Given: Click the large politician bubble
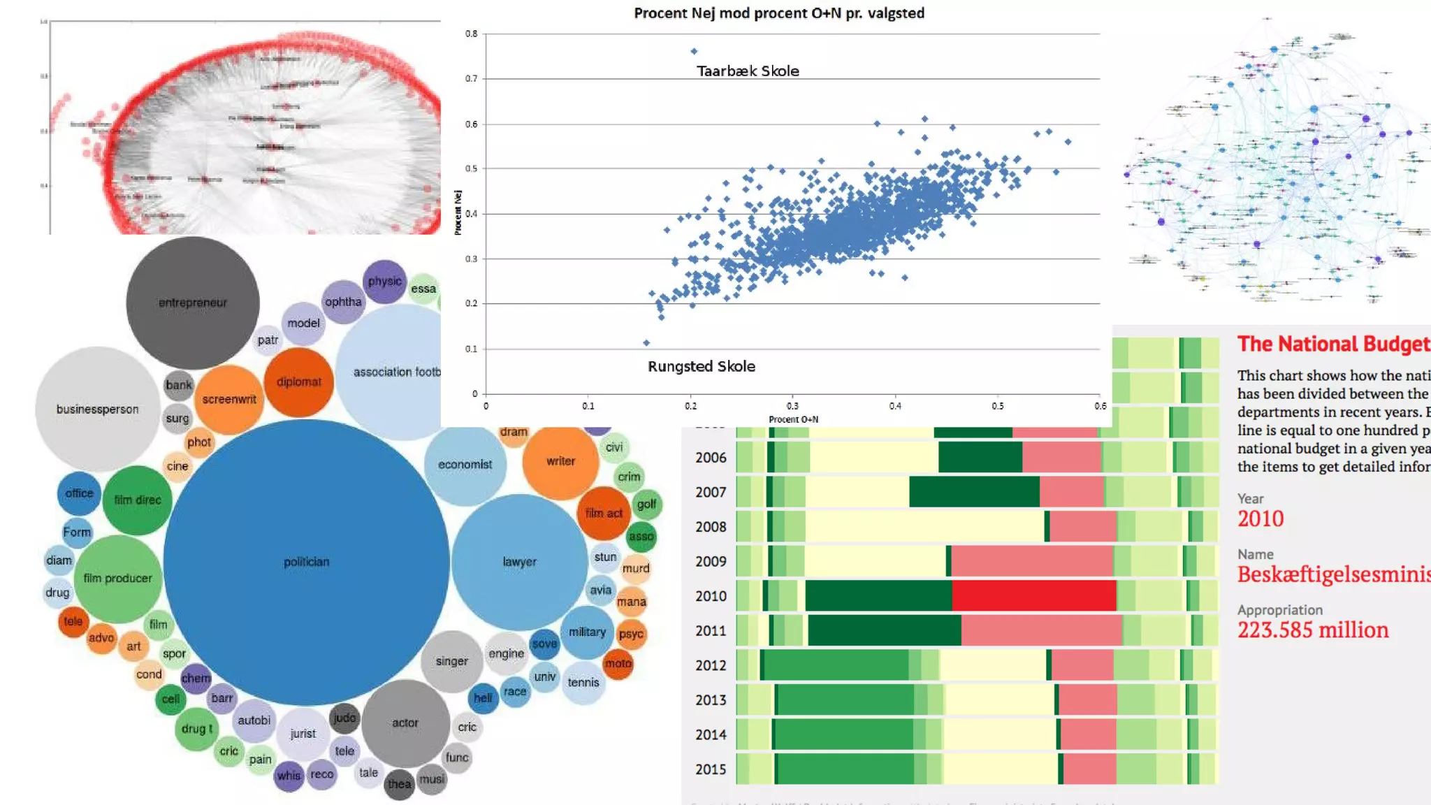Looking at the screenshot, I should click(306, 562).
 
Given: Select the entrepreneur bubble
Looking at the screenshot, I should click(192, 303).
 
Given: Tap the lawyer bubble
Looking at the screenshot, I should click(519, 562).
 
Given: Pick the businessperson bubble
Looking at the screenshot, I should click(97, 409).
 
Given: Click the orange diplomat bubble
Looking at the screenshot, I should click(298, 382).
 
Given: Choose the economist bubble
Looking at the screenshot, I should click(465, 464).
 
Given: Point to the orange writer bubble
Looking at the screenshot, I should click(560, 460).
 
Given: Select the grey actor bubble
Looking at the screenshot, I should click(405, 723).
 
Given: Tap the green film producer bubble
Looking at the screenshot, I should click(117, 578).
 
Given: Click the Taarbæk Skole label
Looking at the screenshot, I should click(748, 71).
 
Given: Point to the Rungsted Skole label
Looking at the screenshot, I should click(701, 366).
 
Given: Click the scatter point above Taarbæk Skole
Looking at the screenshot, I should click(694, 51).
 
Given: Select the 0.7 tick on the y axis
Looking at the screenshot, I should click(472, 78).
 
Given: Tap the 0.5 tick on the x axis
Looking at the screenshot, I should click(997, 406).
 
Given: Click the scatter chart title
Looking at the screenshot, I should click(778, 13).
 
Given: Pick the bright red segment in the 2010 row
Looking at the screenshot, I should click(1033, 596).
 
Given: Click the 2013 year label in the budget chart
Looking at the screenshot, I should click(711, 699).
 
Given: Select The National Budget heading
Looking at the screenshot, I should click(1333, 344).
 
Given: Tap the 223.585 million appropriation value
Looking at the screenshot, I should click(1313, 630).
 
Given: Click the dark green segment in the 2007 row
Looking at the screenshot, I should click(974, 492).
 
